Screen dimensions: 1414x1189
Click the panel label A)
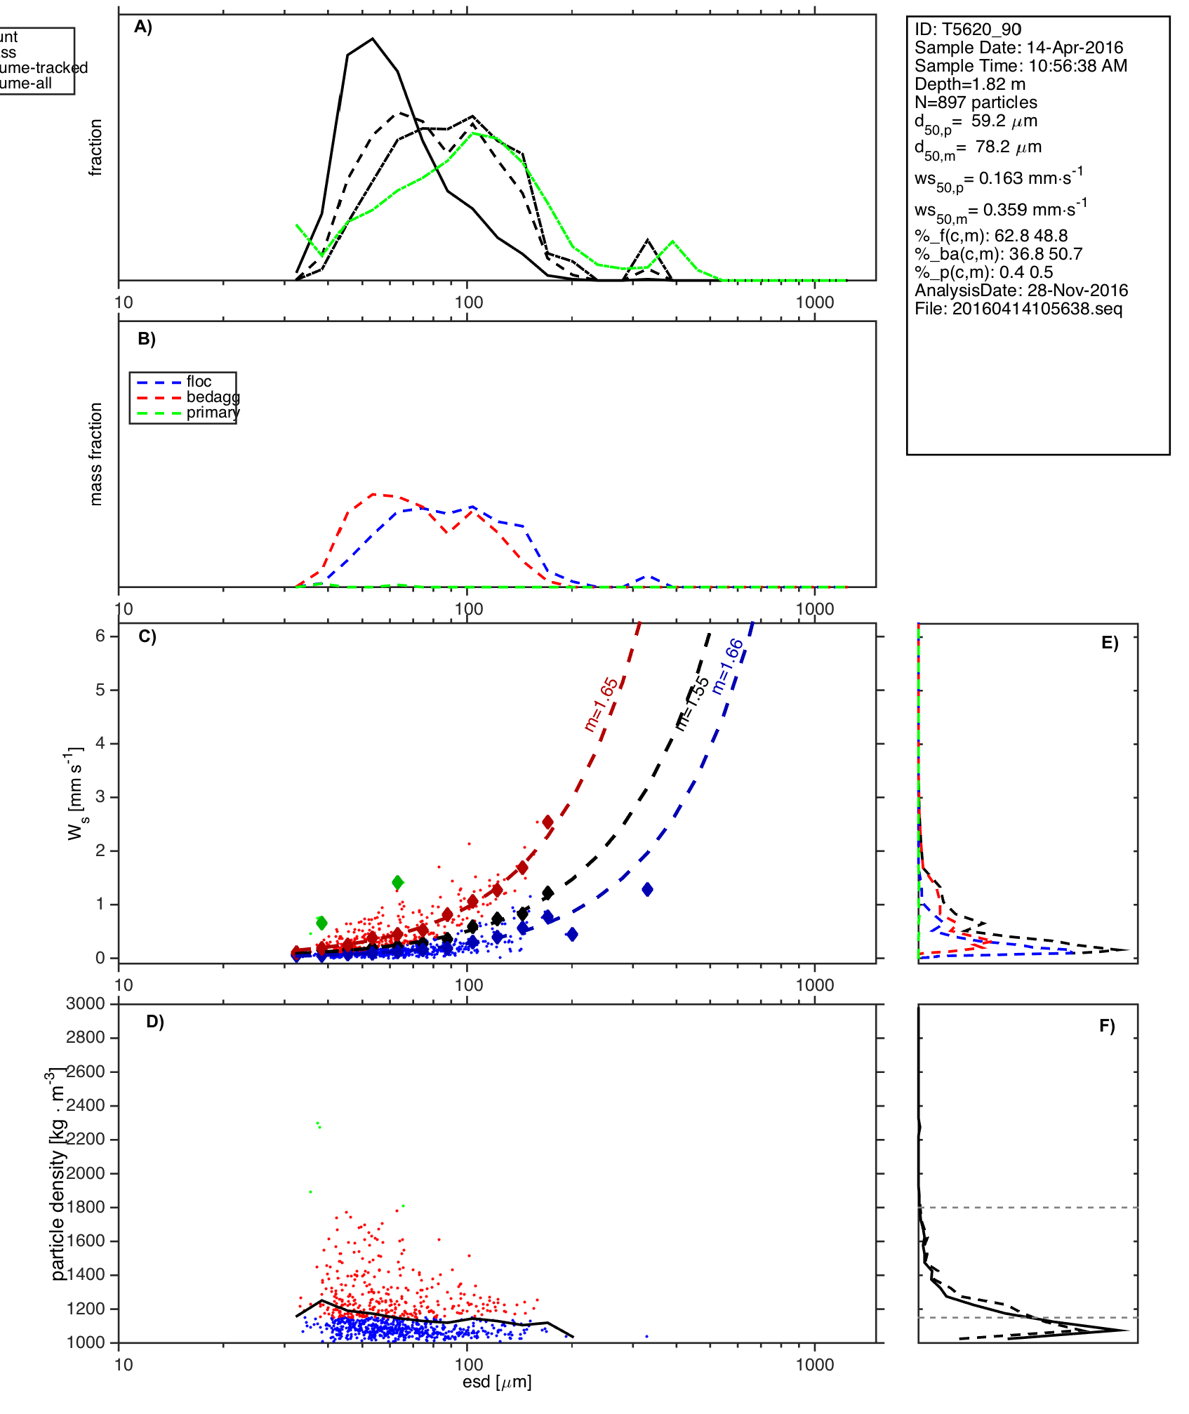pos(143,27)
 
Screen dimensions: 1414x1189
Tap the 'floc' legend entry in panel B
pos(199,382)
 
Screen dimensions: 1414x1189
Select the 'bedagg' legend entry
pos(213,397)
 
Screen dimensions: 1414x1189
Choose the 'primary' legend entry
pos(213,413)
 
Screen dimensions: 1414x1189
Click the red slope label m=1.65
pos(602,704)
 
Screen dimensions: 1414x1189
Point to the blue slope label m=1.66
pos(727,666)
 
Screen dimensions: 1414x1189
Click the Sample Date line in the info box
pos(1018,48)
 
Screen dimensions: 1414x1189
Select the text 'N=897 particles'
pos(976,102)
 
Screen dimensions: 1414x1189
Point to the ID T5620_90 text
pos(968,29)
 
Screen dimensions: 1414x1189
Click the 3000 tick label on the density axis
pos(86,1003)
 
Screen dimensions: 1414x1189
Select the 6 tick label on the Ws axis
pos(100,636)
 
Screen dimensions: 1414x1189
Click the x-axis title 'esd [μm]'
pos(497,1382)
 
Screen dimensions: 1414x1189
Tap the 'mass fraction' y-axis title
pos(96,454)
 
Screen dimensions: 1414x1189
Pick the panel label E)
pos(1110,643)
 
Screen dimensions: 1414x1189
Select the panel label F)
pos(1107,1026)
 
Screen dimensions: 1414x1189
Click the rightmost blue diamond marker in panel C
pos(647,890)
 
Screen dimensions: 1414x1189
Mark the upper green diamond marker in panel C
pos(398,882)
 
